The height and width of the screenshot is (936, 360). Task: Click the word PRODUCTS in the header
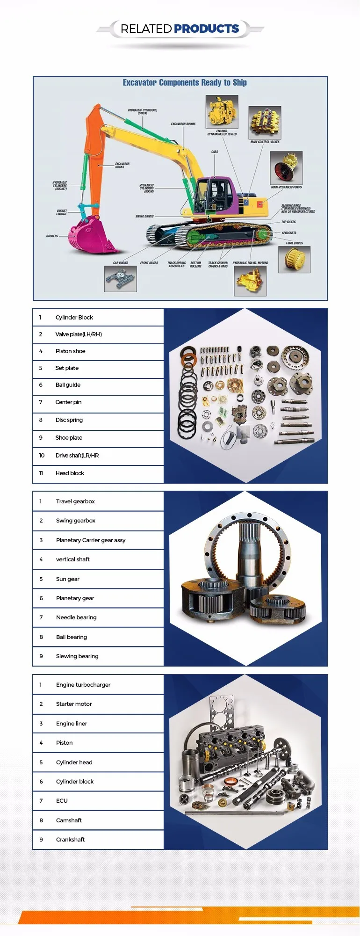coord(206,29)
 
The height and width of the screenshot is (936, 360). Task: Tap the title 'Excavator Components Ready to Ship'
coord(185,83)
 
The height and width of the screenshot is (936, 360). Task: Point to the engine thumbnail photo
coord(222,112)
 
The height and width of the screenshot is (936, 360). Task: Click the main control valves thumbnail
coord(265,123)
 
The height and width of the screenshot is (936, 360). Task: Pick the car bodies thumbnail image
coord(120,279)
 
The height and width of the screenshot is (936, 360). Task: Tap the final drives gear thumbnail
coord(294,259)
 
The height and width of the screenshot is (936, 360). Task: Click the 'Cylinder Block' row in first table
coord(74,318)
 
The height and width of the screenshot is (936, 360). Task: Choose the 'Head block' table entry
coord(70,473)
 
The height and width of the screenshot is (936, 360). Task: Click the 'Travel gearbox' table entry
coord(75,501)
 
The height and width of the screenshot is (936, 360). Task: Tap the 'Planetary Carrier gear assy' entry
coord(91,540)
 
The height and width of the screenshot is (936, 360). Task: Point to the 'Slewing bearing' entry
coord(77,656)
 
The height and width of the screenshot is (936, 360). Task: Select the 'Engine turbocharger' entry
coord(83,685)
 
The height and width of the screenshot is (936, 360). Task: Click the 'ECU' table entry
coord(62,801)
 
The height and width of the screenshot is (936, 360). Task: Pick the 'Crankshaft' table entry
coord(70,840)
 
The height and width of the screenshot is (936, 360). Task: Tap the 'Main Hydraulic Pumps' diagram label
coord(286,187)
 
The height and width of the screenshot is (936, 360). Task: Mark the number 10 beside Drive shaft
coord(42,456)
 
